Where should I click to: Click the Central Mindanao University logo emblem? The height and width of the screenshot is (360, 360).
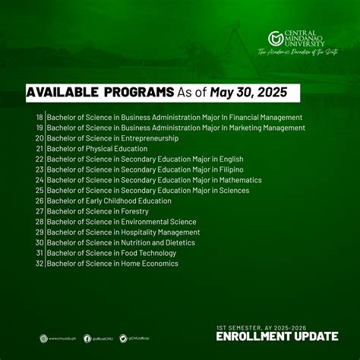[x=275, y=38]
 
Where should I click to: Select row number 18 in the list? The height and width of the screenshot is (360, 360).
[x=39, y=118]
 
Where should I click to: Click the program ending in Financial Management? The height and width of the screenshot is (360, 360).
[x=175, y=118]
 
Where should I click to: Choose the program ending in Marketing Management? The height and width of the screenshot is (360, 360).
[x=175, y=128]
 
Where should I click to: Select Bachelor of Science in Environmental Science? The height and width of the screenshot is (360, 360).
[x=122, y=222]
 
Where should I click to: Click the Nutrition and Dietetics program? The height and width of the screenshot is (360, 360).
[x=121, y=242]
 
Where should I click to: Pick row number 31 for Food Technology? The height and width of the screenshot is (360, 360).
[x=39, y=253]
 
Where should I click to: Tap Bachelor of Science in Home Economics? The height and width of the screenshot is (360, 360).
[x=112, y=264]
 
